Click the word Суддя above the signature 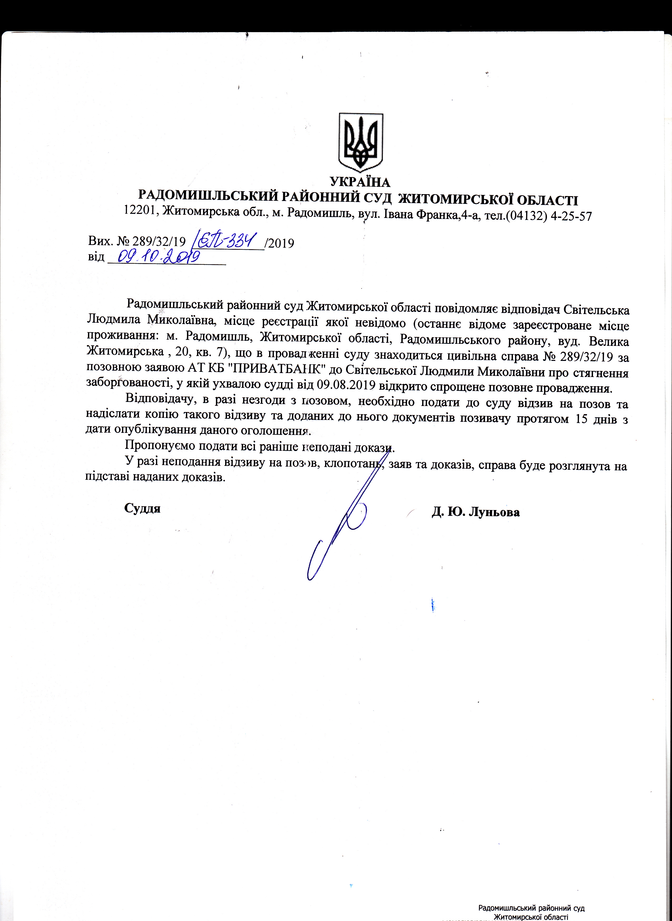point(142,508)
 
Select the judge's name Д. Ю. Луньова point(476,512)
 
